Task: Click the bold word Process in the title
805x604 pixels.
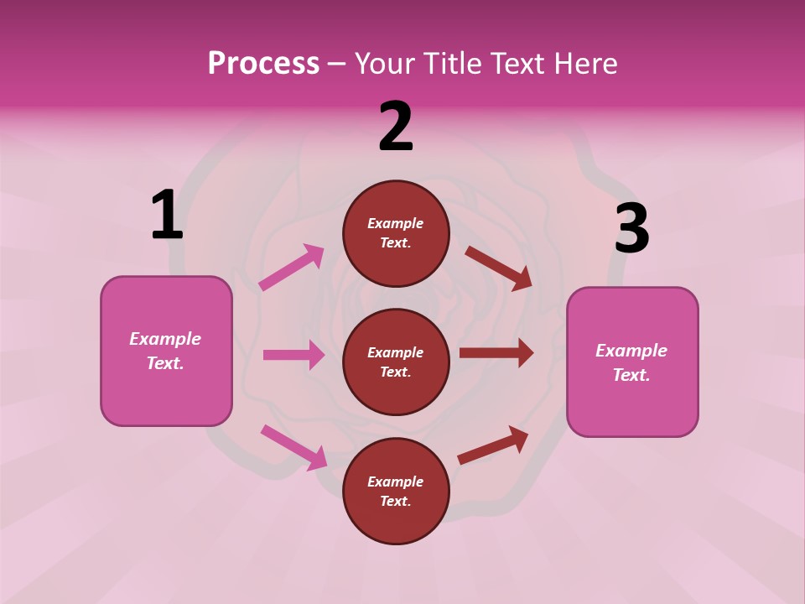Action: point(263,64)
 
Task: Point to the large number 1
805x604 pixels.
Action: point(167,216)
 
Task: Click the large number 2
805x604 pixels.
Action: point(396,127)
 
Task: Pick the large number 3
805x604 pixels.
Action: point(631,229)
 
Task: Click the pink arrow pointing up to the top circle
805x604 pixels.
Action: point(292,267)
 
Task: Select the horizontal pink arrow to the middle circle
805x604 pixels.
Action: point(293,355)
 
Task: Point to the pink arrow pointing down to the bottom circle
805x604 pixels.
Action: point(293,446)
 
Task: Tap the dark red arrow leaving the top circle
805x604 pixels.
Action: point(498,268)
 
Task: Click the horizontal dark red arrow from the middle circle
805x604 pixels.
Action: point(496,353)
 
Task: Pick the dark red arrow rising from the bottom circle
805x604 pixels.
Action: point(493,445)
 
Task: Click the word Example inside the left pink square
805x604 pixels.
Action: point(165,339)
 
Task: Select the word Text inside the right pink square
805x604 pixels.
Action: point(630,375)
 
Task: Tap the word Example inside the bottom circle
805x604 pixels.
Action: point(396,482)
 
